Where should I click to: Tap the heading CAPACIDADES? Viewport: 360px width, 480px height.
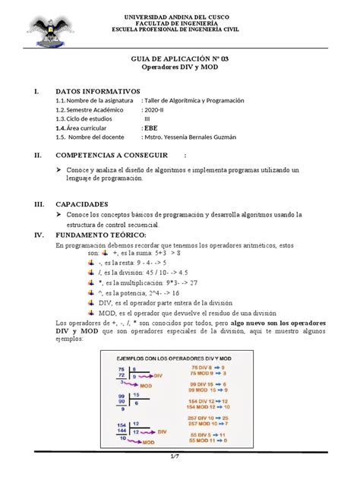[83, 204]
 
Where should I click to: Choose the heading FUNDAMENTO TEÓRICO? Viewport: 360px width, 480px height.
[103, 235]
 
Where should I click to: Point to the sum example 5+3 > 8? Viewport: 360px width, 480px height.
[153, 255]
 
